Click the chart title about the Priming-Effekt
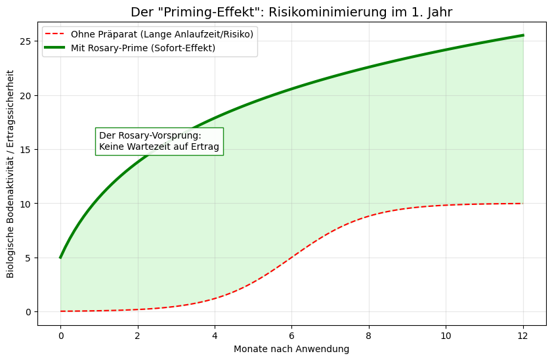tap(291, 12)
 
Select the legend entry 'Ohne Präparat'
tap(161, 34)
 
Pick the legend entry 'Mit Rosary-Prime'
tap(143, 49)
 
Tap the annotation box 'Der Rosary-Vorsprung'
tap(159, 141)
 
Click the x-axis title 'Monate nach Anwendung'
tap(291, 349)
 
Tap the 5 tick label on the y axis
tap(28, 258)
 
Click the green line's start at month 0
tap(60, 258)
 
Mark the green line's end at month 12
tap(523, 35)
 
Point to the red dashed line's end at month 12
tap(523, 204)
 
